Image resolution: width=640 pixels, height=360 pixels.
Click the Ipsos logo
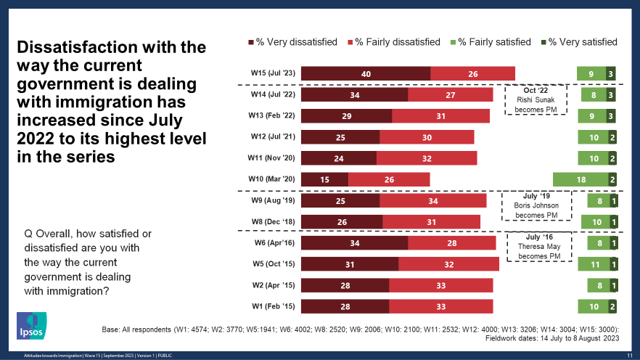(32, 326)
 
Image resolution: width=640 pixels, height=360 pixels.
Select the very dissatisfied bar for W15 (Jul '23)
(366, 73)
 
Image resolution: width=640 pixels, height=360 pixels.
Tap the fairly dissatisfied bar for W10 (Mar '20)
(389, 179)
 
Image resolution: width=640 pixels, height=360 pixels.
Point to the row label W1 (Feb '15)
(270, 306)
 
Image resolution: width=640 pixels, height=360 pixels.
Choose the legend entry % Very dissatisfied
(293, 42)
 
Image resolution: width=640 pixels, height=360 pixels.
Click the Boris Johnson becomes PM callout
(536, 205)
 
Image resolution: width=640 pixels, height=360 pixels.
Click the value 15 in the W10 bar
(324, 179)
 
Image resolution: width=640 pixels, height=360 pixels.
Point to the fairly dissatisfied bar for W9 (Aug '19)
(432, 200)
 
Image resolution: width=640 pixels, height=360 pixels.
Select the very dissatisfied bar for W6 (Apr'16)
(355, 242)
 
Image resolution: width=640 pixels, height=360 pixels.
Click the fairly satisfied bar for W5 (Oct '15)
(593, 264)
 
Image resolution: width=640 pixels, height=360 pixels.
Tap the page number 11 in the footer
(628, 354)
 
